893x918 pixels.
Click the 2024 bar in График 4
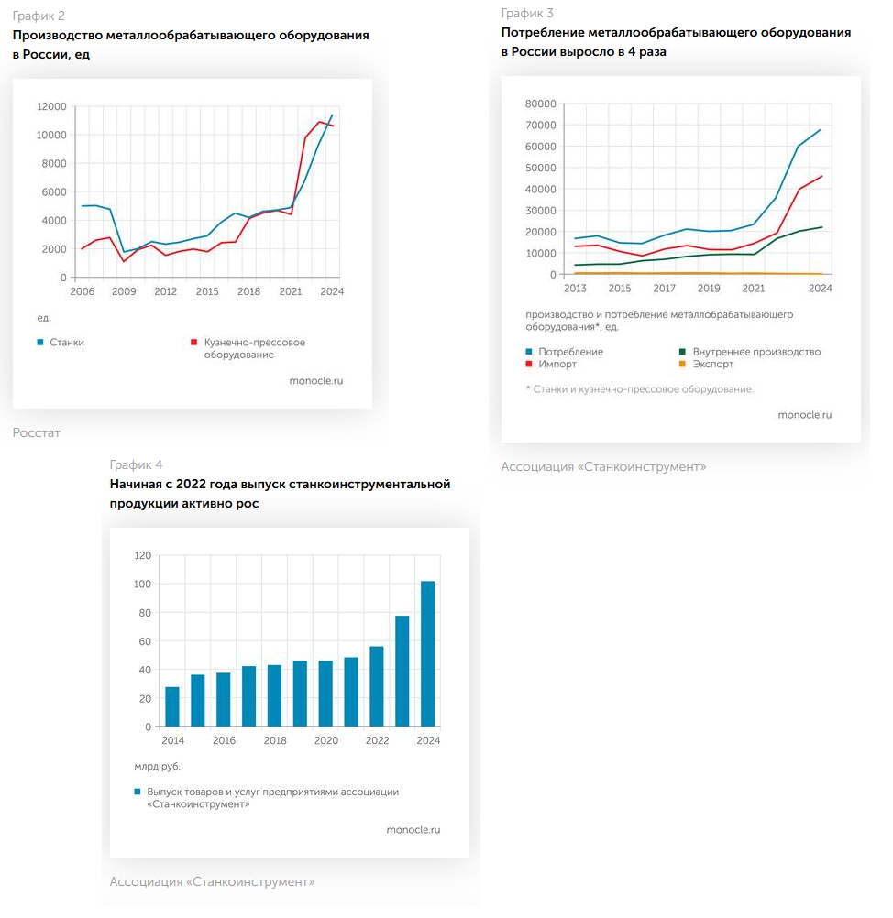click(x=427, y=653)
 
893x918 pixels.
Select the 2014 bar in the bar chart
click(x=172, y=706)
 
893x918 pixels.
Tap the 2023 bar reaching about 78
click(x=402, y=671)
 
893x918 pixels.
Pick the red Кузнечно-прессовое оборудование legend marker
click(x=194, y=343)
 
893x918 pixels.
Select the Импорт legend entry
click(x=557, y=364)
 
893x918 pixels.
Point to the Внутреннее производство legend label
click(x=756, y=352)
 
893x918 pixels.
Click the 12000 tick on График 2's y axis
click(x=50, y=106)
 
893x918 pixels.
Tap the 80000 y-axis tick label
click(x=540, y=104)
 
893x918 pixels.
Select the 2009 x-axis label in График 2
click(x=124, y=292)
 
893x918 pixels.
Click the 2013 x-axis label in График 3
click(x=575, y=289)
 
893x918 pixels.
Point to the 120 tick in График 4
click(x=142, y=555)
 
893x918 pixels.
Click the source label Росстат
click(x=37, y=432)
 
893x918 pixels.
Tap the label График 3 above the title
click(x=527, y=13)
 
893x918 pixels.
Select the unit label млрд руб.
click(x=157, y=766)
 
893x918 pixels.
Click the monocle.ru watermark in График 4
click(x=413, y=829)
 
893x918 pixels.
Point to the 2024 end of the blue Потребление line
click(x=820, y=129)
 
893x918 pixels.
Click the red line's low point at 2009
click(x=124, y=261)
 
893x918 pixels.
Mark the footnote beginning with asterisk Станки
click(x=640, y=389)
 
